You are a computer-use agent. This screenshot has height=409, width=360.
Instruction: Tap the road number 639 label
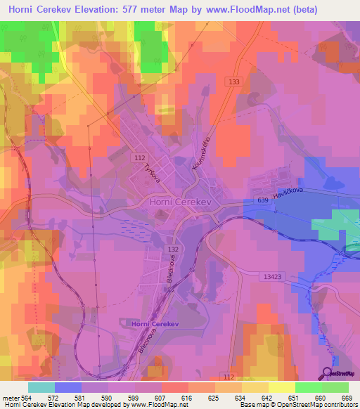(263, 201)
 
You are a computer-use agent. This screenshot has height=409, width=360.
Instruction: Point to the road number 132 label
(173, 249)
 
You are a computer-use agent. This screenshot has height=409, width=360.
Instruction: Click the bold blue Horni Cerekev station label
(156, 323)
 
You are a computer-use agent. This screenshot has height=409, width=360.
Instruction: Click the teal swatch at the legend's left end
(41, 387)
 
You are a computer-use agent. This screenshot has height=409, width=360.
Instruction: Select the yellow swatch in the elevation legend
(281, 387)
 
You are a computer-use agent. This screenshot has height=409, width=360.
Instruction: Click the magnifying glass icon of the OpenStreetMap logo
(328, 374)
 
